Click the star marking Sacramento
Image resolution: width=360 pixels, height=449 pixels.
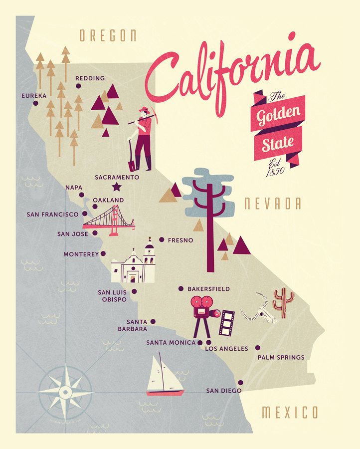tap(117, 187)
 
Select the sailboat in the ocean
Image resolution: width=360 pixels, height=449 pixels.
tap(164, 376)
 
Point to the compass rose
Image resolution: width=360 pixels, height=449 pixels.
tap(65, 392)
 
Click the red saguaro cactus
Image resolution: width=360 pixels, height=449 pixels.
tap(284, 302)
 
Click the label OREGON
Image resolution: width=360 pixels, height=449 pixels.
tap(108, 36)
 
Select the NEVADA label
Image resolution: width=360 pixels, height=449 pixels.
tap(272, 204)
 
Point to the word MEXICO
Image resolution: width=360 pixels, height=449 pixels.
tap(290, 413)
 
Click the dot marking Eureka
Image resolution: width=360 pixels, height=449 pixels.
tap(35, 103)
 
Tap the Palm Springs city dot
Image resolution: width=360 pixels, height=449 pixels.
tap(258, 348)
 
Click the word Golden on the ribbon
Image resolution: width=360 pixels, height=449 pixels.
tap(279, 115)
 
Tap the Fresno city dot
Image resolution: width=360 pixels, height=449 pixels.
tap(162, 240)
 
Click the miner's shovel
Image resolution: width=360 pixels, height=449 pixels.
tap(132, 157)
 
